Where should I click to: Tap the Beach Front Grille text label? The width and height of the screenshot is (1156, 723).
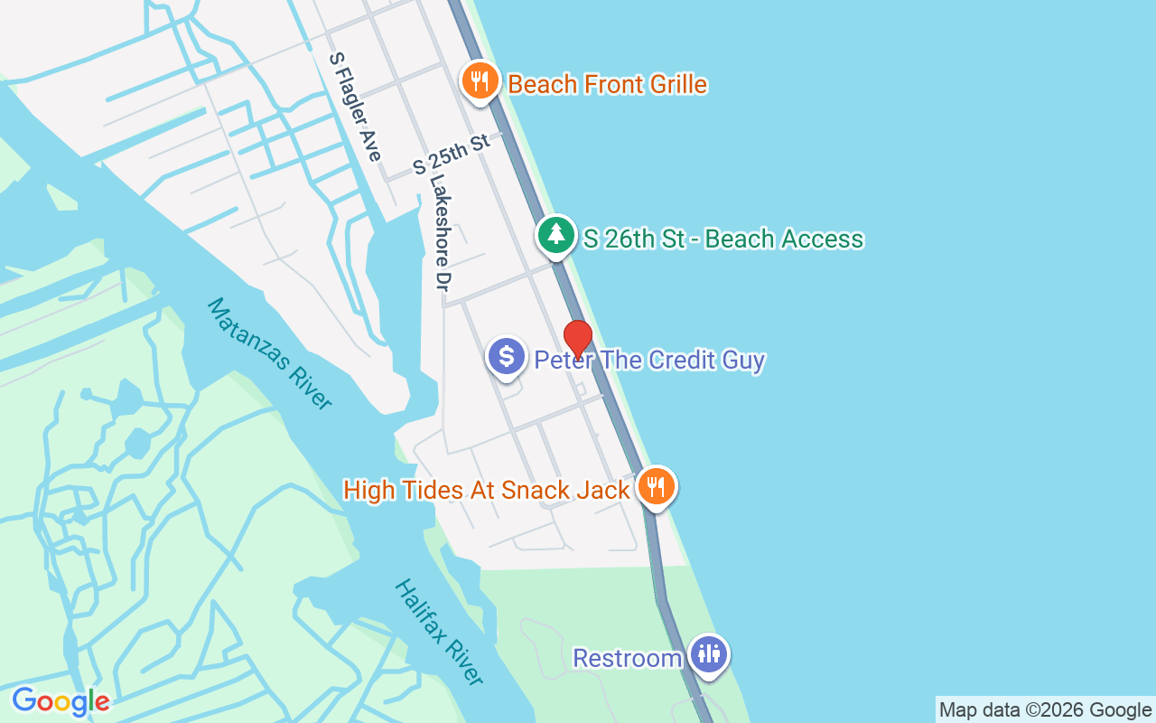607,85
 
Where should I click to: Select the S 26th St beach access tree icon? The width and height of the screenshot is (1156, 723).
556,235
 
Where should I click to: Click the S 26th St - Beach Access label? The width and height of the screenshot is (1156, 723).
723,239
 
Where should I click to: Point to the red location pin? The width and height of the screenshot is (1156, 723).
577,339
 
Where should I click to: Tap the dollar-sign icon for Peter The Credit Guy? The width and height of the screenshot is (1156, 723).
507,355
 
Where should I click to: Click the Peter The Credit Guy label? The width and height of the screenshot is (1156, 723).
649,361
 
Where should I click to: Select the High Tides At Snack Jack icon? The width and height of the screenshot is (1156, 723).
656,487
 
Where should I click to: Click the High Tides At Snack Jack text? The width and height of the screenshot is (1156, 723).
486,491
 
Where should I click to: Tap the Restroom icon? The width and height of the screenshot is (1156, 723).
709,653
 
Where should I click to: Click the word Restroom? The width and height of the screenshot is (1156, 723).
627,658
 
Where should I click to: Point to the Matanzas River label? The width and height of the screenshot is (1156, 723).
269,353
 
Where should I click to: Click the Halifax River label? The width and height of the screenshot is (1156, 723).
439,632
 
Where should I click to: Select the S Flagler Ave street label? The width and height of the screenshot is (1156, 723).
355,107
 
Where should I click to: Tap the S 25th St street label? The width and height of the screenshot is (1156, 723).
451,154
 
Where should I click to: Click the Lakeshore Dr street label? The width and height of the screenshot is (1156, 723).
440,232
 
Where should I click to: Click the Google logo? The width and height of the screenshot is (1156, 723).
61,701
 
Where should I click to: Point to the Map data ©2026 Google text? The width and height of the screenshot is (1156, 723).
1045,710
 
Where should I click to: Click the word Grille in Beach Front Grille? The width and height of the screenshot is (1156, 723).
667,85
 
